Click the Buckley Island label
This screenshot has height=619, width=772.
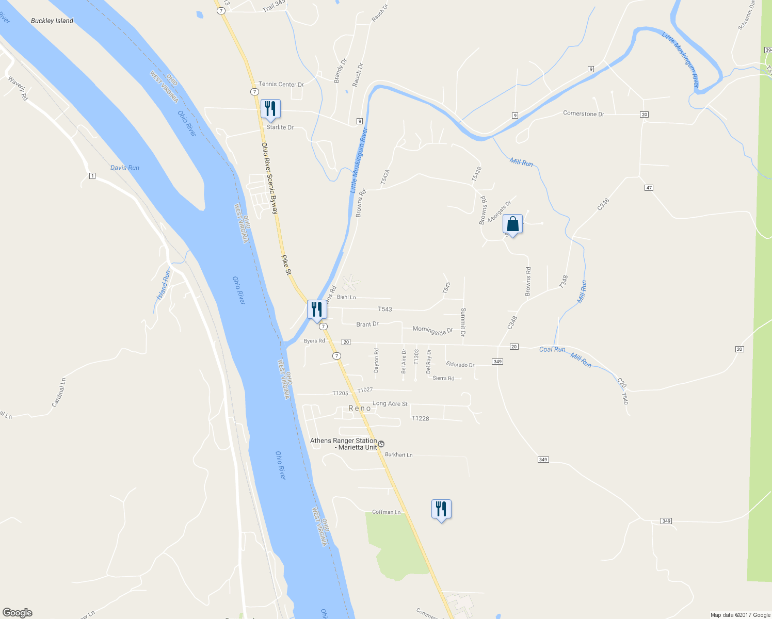click(x=52, y=21)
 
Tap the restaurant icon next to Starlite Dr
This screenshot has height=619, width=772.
click(x=270, y=109)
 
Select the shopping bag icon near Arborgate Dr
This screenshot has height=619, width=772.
click(x=512, y=224)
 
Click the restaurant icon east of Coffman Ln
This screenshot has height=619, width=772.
click(x=441, y=509)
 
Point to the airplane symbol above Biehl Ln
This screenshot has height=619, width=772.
click(x=351, y=283)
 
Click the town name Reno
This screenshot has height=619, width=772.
click(x=360, y=408)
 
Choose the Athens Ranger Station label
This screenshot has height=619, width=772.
click(x=344, y=444)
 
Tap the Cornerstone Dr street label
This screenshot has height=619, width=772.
click(x=583, y=113)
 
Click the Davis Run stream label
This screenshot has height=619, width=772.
click(x=125, y=168)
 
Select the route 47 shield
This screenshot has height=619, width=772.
click(x=649, y=188)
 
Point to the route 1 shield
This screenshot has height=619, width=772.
click(x=92, y=176)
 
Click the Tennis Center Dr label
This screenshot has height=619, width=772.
click(x=281, y=84)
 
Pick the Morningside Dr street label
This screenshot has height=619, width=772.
click(x=432, y=330)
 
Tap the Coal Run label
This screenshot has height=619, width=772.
click(x=552, y=349)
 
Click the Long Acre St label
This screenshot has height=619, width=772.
click(x=390, y=403)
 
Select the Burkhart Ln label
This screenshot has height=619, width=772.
click(x=399, y=455)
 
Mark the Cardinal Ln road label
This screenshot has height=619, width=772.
click(x=59, y=392)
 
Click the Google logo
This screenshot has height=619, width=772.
click(x=18, y=613)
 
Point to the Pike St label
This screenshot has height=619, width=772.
click(x=286, y=264)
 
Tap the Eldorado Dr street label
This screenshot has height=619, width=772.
click(x=460, y=365)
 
